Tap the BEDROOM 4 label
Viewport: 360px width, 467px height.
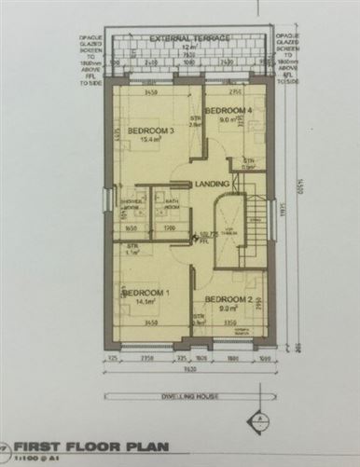coord(228,110)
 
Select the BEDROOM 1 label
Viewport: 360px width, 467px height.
coord(148,293)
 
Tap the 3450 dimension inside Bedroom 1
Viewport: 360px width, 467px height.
coord(147,322)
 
